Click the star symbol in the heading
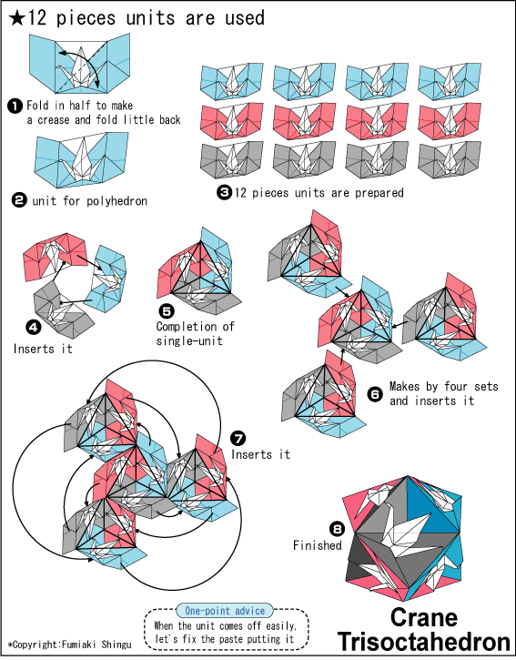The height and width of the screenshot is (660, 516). pyautogui.click(x=16, y=18)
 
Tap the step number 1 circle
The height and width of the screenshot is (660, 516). pyautogui.click(x=15, y=106)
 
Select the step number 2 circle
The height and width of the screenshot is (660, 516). pyautogui.click(x=19, y=201)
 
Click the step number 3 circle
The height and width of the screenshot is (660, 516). pyautogui.click(x=224, y=192)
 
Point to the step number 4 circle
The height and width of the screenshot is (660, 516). pyautogui.click(x=34, y=328)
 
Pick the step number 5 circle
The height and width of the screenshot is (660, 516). pyautogui.click(x=167, y=311)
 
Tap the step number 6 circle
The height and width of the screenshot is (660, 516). pyautogui.click(x=375, y=393)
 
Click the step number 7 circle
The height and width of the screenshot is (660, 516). pyautogui.click(x=238, y=439)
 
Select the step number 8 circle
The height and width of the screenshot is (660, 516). pyautogui.click(x=337, y=528)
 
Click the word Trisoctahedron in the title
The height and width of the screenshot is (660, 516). pyautogui.click(x=424, y=642)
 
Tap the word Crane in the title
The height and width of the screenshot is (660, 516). pyautogui.click(x=424, y=617)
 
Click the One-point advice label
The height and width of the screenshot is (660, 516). pyautogui.click(x=225, y=611)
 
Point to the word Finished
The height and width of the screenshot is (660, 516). pyautogui.click(x=318, y=545)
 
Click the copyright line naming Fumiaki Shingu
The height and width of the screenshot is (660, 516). pyautogui.click(x=69, y=645)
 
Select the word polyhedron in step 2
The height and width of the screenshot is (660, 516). pyautogui.click(x=117, y=201)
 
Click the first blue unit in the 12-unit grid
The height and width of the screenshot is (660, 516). pyautogui.click(x=232, y=82)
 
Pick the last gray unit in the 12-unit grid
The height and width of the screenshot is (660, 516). pyautogui.click(x=450, y=160)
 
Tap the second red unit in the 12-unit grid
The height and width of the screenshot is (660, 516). pyautogui.click(x=304, y=121)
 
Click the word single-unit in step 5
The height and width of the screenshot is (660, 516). pyautogui.click(x=189, y=340)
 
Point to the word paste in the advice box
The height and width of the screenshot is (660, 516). pyautogui.click(x=230, y=639)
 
